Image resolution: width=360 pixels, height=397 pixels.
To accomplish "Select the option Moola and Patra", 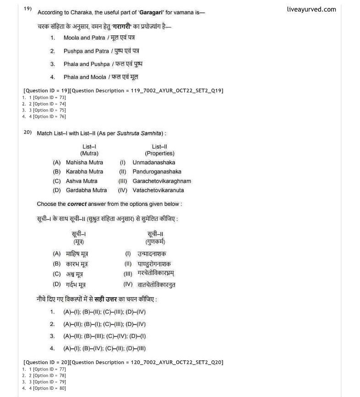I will [x=83, y=38].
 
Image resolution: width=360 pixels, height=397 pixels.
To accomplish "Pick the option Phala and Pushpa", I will [x=87, y=64].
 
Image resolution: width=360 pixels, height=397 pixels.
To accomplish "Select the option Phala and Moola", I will [x=85, y=77].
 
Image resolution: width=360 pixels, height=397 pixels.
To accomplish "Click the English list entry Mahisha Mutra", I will [x=84, y=162].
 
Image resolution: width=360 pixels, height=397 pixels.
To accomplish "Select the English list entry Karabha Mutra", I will [x=84, y=171].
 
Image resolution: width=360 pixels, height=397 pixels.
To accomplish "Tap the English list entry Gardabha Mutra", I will [x=86, y=190].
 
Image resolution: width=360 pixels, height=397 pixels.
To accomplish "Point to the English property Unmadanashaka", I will [x=154, y=162].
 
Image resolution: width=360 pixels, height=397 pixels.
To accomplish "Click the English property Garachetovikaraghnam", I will [x=162, y=181].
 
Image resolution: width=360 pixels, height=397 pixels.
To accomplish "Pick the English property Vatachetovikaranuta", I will [x=158, y=190].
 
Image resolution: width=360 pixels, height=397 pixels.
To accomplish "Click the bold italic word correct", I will [x=76, y=204].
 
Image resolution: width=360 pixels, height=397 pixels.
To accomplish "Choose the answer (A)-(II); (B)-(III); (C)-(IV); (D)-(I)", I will [x=104, y=336].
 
